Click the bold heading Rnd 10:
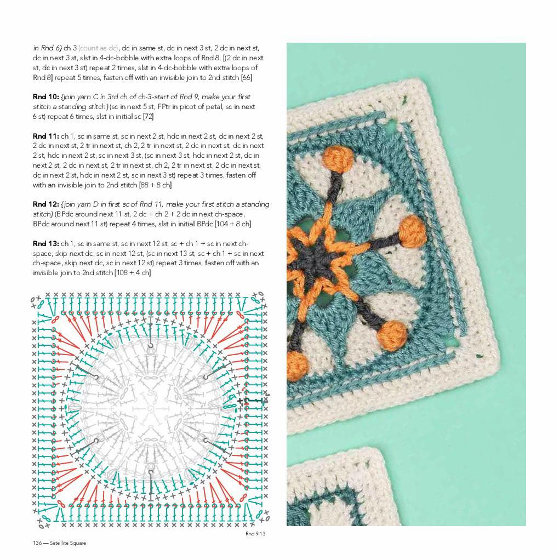45,97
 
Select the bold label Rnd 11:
45,136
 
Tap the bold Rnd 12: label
45,204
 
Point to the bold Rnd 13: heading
45,243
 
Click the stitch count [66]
246,78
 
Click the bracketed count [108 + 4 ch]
132,273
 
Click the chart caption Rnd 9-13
255,533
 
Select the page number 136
37,543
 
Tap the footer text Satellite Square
68,543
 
